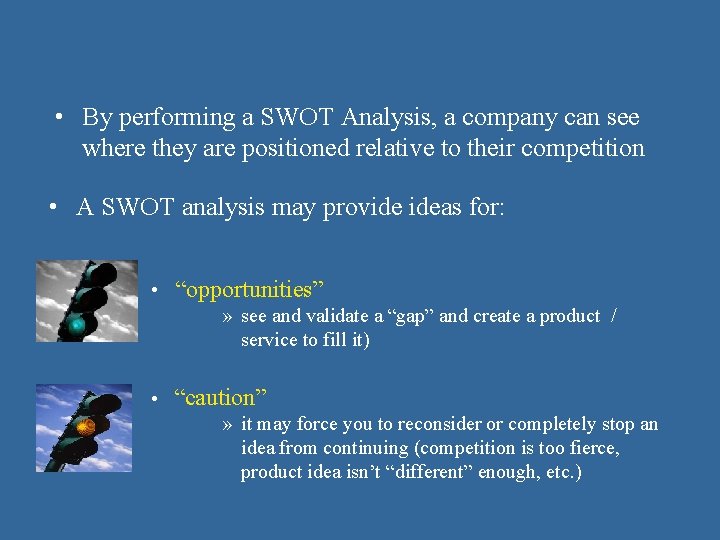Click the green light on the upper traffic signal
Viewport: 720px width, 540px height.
coord(76,325)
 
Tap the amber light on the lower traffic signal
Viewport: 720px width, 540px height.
coord(86,426)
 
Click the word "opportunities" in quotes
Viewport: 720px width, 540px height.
coord(250,290)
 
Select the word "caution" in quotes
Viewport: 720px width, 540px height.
coord(220,397)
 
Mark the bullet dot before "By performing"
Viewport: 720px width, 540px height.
coord(62,118)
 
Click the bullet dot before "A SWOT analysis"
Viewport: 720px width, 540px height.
coord(56,207)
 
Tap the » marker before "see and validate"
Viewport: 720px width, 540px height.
coord(228,316)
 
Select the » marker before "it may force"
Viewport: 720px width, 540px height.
coord(228,424)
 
